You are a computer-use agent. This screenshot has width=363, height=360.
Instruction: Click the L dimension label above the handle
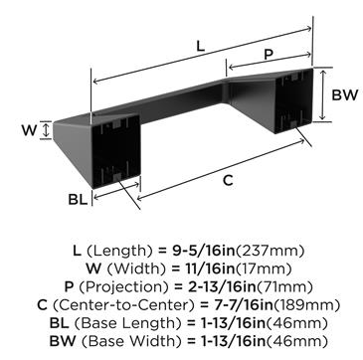200,46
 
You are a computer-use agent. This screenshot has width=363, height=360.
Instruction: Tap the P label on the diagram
269,55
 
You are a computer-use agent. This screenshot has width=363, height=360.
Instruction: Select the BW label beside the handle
345,95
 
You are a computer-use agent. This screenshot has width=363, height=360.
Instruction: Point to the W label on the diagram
29,130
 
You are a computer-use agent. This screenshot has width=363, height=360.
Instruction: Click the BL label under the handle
79,200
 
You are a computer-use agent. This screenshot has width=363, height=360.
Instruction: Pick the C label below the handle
228,181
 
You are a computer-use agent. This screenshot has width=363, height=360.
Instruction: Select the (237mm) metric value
270,251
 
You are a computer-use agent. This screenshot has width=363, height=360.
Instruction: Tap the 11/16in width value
209,269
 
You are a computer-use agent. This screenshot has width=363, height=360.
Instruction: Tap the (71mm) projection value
283,286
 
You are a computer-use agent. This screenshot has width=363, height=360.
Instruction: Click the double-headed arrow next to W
47,130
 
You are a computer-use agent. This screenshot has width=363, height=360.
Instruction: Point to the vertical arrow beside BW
321,95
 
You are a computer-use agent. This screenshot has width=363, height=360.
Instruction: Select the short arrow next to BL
116,191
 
